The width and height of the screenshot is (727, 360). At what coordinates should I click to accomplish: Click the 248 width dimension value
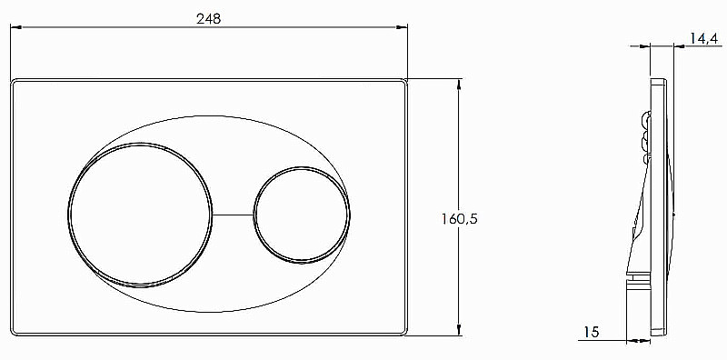tap(209, 18)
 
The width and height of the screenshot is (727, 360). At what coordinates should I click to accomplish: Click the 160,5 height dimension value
tap(459, 218)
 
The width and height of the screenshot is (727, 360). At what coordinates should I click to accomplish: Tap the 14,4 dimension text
tap(703, 38)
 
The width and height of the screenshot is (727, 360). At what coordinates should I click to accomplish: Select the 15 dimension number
tap(591, 332)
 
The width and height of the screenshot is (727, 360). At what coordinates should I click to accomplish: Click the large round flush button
tap(140, 215)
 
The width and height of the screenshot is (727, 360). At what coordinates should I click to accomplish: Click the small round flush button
tap(302, 215)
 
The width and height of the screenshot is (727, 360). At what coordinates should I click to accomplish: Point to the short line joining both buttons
tap(233, 215)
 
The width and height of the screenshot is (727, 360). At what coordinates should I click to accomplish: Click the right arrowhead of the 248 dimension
tap(402, 27)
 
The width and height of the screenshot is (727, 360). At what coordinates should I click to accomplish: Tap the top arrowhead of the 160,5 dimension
tap(459, 85)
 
